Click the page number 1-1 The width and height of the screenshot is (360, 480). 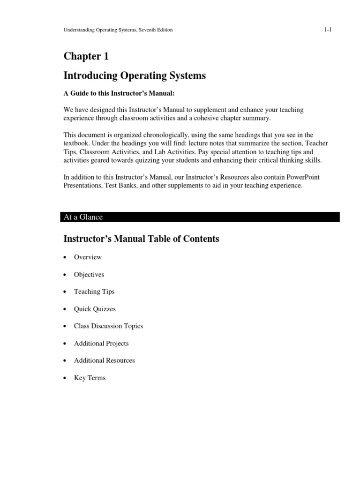point(328,30)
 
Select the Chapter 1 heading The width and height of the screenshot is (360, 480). point(86,57)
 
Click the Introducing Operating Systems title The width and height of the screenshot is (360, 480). point(135,76)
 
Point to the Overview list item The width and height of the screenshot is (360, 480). point(88,257)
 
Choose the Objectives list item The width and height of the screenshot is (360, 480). point(89,275)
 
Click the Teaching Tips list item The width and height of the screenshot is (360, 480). point(94,292)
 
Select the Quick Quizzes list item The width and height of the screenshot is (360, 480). point(95,309)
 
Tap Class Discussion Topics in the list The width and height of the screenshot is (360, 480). point(108,326)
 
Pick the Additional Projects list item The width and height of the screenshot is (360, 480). point(101,344)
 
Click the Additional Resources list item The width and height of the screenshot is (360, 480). point(105,360)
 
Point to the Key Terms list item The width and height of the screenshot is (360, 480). point(90,378)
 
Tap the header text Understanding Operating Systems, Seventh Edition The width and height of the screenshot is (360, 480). point(118,30)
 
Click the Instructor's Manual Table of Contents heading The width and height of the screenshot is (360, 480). point(141,239)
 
